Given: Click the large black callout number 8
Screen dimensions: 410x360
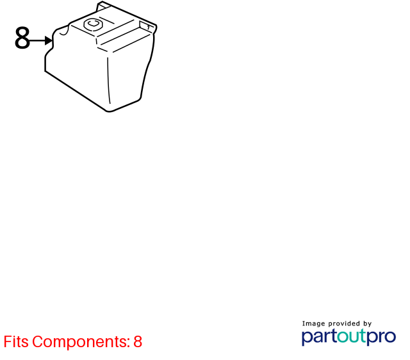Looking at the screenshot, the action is click(x=22, y=38).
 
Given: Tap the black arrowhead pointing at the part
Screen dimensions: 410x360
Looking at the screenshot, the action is click(x=49, y=40).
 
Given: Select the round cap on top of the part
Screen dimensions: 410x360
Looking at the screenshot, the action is click(x=94, y=24).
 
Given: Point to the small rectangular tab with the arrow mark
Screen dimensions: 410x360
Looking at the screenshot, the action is click(x=146, y=26).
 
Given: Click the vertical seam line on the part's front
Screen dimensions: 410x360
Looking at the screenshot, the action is click(x=108, y=80).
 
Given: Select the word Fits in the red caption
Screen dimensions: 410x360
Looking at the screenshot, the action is click(x=16, y=341).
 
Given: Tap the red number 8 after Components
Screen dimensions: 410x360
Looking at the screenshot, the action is click(x=138, y=341).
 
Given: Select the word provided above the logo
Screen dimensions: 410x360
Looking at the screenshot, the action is click(x=344, y=324).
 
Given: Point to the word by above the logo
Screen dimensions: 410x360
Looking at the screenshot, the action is click(x=367, y=324).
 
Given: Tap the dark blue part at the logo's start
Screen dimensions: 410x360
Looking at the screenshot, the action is click(x=319, y=337).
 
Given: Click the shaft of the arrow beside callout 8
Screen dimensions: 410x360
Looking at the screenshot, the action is click(x=37, y=40).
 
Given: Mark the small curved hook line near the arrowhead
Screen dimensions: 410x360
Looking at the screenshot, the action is click(x=65, y=31).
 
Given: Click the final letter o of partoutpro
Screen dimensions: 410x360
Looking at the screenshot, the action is click(x=389, y=337).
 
